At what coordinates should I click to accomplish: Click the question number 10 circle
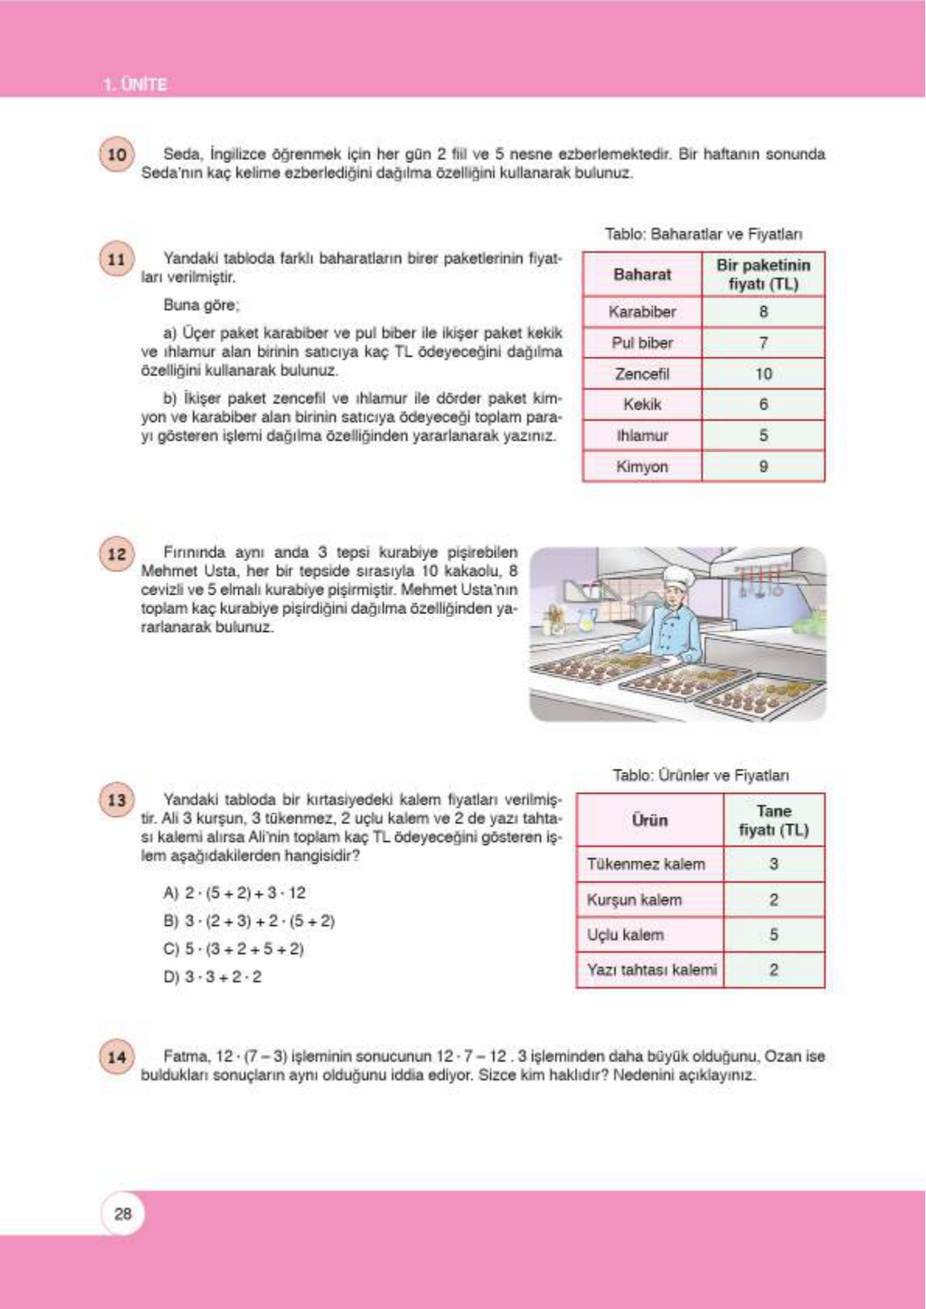pos(117,154)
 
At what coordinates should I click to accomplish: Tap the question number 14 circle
pos(117,1056)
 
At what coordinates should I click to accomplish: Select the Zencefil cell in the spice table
pos(642,374)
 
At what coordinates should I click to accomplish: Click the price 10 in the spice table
pos(764,374)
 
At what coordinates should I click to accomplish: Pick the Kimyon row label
pos(642,466)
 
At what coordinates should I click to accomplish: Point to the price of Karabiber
pos(764,312)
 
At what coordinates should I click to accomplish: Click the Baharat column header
pos(642,274)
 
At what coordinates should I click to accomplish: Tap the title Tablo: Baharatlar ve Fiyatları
pos(704,234)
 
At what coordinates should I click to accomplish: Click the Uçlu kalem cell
pos(626,934)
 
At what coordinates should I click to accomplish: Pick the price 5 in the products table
pos(774,934)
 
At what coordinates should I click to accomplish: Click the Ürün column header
pos(650,820)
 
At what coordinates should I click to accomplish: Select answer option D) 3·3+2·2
pos(213,977)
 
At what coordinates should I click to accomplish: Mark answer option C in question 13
pos(234,949)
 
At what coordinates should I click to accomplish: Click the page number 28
pos(123,1213)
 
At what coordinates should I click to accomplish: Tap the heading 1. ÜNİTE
pos(135,85)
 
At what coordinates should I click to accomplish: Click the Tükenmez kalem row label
pos(646,864)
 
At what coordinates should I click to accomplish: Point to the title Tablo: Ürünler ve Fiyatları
pos(701,775)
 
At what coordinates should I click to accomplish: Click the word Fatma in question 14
pos(186,1056)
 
